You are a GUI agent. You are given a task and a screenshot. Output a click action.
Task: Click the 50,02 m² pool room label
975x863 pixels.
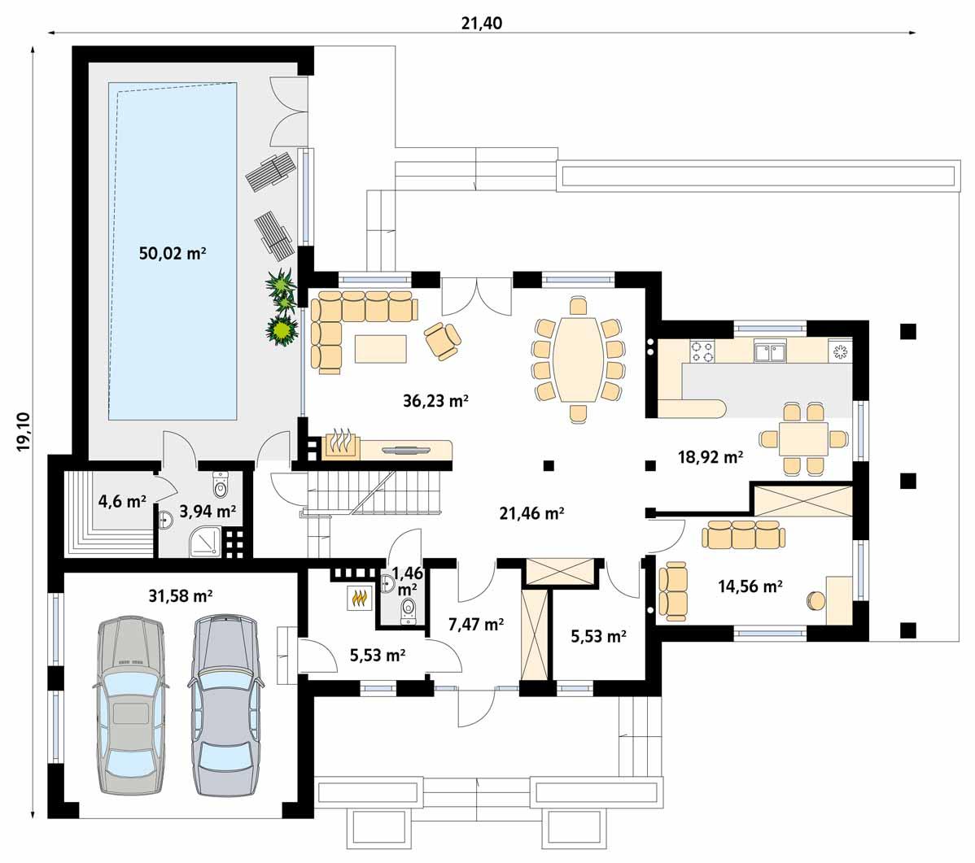click(x=172, y=253)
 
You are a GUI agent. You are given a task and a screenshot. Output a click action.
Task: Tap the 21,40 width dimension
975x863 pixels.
click(x=481, y=23)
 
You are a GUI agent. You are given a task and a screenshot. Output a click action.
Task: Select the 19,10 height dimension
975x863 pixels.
click(x=23, y=431)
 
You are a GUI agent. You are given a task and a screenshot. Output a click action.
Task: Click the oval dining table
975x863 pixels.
click(x=578, y=359)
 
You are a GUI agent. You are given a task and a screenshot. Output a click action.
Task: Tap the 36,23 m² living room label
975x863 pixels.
click(x=435, y=399)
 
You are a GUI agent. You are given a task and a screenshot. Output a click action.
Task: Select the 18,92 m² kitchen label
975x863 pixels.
click(x=710, y=457)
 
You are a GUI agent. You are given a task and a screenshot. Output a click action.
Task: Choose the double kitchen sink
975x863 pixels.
click(x=769, y=351)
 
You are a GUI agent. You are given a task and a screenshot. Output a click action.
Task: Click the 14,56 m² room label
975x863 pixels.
click(x=750, y=584)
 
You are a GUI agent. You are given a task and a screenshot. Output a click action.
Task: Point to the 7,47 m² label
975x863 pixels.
click(x=476, y=624)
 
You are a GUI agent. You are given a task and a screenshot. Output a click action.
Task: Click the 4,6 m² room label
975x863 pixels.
click(x=121, y=501)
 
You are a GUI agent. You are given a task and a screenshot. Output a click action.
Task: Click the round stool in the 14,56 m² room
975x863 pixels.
click(x=815, y=601)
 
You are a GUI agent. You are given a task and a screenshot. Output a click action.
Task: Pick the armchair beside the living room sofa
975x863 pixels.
click(x=442, y=339)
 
